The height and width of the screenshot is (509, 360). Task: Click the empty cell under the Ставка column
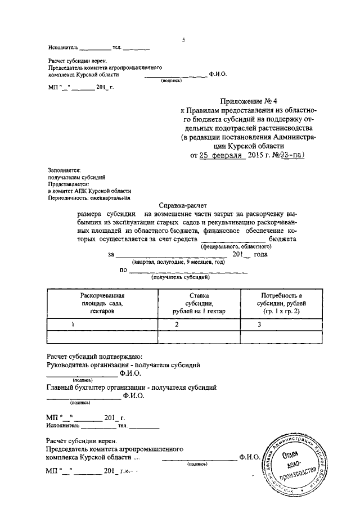coord(199,336)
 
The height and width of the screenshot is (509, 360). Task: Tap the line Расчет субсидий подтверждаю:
coord(94,356)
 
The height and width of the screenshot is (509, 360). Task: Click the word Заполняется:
coord(64,169)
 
